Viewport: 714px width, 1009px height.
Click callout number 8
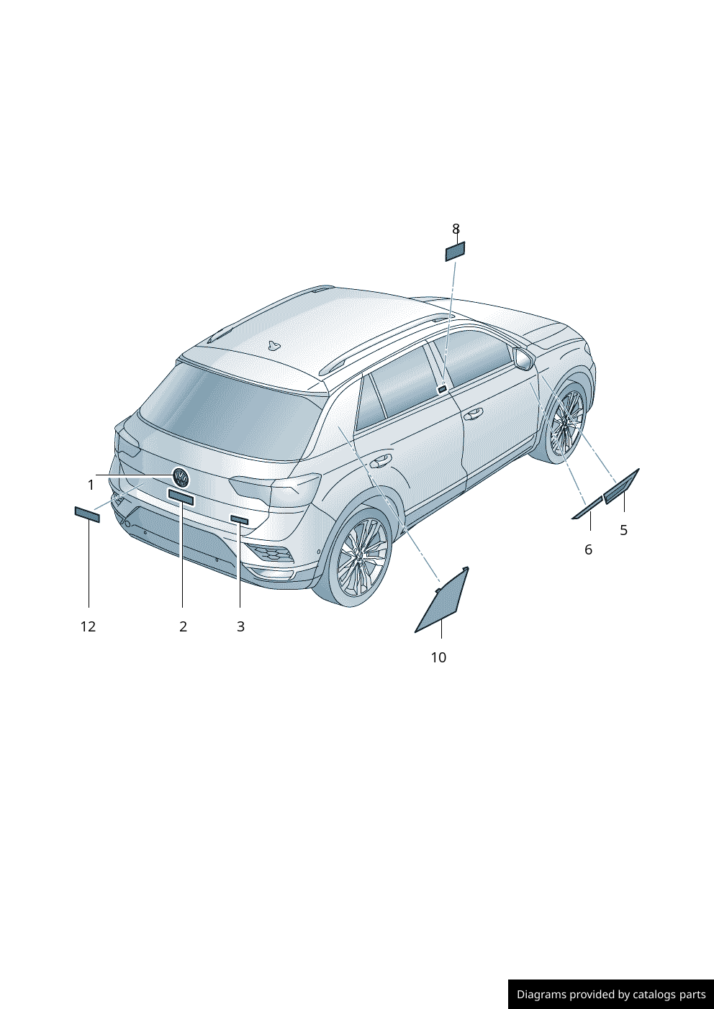(456, 229)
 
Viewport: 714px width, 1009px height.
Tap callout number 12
(89, 626)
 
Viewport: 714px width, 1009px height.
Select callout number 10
(438, 657)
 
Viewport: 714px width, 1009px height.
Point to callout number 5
(623, 530)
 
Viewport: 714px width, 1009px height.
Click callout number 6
(588, 549)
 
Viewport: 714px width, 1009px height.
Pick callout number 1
(91, 485)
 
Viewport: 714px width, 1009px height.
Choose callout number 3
(240, 626)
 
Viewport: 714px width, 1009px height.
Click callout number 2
(183, 626)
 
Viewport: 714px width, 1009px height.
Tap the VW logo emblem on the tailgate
(181, 478)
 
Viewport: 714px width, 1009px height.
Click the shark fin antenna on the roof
(274, 345)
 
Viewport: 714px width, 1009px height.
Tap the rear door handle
(379, 461)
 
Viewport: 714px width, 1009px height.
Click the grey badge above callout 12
(87, 514)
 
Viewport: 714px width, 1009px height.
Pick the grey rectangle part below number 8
(455, 251)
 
